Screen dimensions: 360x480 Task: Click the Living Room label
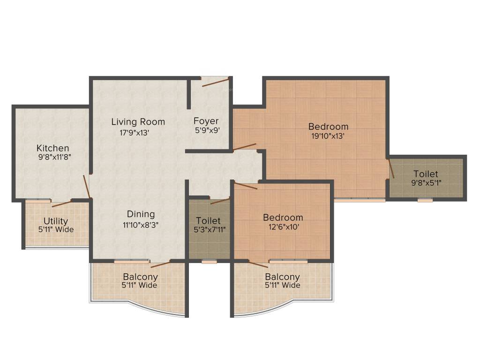coord(138,122)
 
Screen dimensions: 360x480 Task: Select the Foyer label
coord(206,121)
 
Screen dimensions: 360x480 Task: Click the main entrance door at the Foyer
coord(215,83)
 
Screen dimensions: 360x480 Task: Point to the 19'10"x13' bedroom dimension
coord(328,136)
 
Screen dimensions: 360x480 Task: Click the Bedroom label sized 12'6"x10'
coord(283,217)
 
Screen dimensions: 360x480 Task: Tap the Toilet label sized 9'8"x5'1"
coord(426,174)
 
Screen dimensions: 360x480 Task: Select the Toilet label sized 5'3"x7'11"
coord(208,220)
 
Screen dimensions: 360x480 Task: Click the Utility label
coord(56,221)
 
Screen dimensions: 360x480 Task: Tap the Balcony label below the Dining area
coord(140,277)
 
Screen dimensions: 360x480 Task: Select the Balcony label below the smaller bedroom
coord(282,277)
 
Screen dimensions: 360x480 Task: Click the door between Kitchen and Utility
coord(61,203)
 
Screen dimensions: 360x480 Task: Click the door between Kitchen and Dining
coord(87,187)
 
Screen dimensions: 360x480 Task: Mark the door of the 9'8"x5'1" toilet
coord(391,169)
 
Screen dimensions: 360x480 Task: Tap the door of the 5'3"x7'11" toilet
coord(220,201)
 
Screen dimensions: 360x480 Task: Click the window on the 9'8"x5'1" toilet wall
coord(425,200)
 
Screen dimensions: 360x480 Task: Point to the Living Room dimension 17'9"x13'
coord(135,132)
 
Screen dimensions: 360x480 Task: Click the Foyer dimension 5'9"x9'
coord(207,131)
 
